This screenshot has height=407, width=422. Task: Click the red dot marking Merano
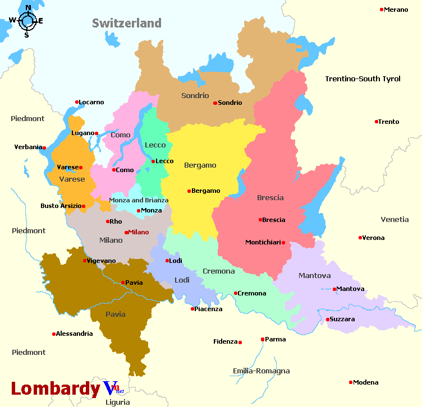click(382, 10)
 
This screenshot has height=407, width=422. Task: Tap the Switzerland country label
click(127, 23)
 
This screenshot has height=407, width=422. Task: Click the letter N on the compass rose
click(28, 8)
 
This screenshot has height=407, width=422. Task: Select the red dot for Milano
click(126, 232)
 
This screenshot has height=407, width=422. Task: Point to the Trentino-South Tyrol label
click(363, 79)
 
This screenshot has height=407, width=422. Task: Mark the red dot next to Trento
click(377, 122)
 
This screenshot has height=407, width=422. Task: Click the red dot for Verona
click(360, 238)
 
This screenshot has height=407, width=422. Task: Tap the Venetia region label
click(395, 219)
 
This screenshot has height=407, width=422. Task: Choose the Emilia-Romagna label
click(261, 371)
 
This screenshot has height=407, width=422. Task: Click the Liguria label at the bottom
click(117, 402)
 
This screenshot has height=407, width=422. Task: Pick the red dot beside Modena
click(351, 382)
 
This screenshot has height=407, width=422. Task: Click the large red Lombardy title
click(56, 388)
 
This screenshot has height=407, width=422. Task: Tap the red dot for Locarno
click(77, 102)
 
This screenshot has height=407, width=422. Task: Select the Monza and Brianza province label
click(139, 200)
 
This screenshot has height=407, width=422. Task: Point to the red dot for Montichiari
click(283, 243)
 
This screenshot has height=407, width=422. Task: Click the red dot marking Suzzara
click(327, 320)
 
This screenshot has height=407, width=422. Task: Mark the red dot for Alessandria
click(54, 334)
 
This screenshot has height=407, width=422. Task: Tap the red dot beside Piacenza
click(192, 309)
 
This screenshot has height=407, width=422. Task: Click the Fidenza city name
click(226, 341)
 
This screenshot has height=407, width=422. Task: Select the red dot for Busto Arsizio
click(84, 206)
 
